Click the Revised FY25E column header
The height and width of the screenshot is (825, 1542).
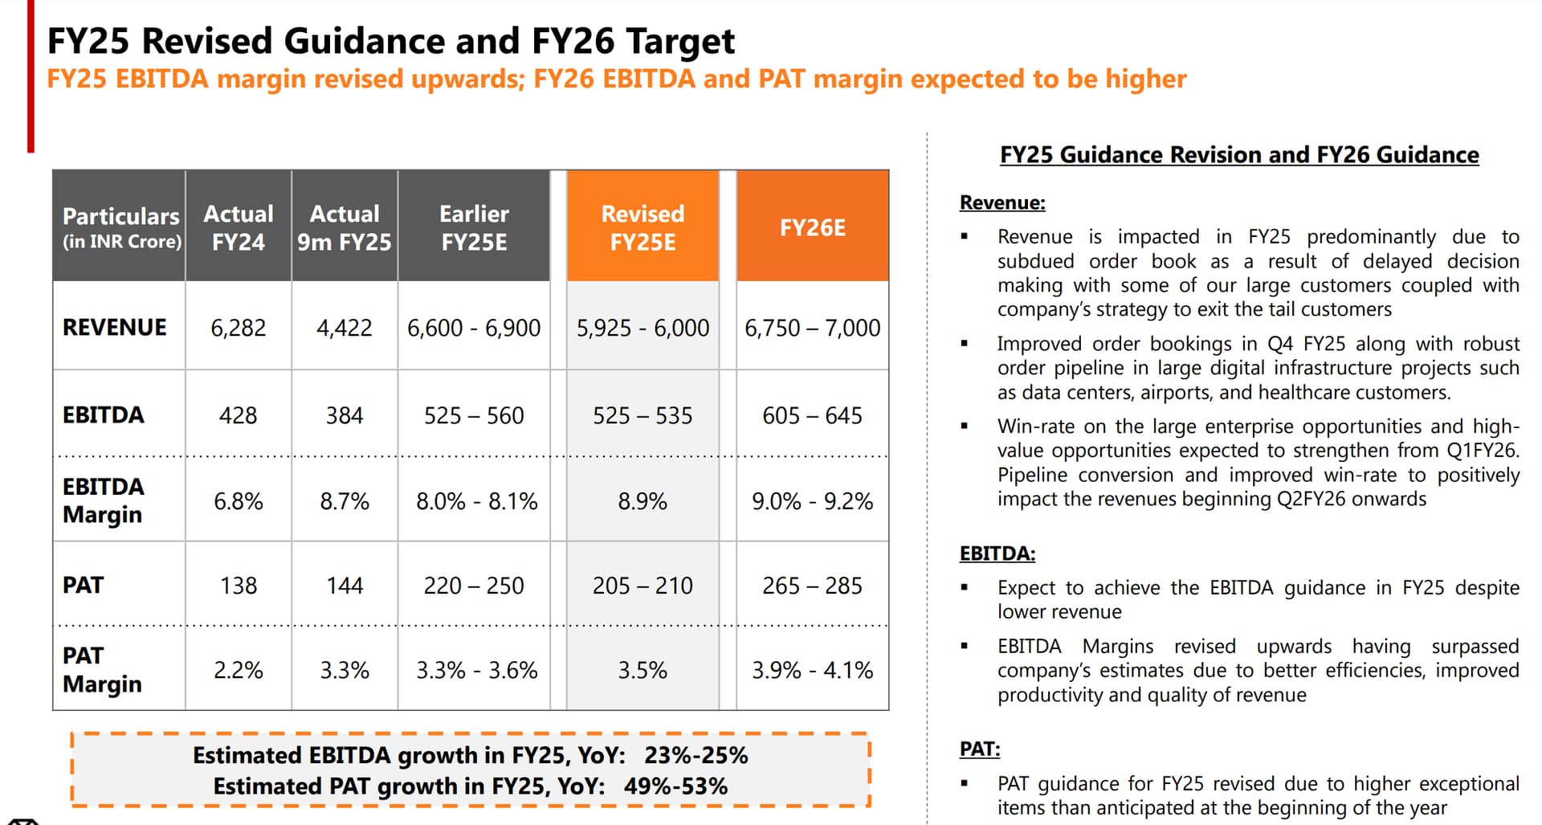coord(642,227)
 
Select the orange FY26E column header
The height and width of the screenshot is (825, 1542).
coord(812,227)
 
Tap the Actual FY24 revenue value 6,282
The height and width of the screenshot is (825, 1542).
coord(238,328)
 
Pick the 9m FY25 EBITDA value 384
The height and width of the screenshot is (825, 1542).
coord(345,415)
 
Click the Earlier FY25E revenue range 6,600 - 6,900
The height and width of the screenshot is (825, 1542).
coord(474,328)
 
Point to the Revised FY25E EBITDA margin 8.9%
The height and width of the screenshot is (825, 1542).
coord(642,501)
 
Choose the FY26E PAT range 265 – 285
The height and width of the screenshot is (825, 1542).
coord(812,586)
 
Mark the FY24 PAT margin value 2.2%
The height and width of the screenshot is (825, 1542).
coord(238,670)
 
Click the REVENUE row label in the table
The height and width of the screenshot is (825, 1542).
coord(115,328)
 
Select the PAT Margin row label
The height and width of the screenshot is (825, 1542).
coord(102,670)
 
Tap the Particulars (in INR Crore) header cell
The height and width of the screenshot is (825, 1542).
coord(121,227)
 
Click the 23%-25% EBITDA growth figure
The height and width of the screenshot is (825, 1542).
coord(696,755)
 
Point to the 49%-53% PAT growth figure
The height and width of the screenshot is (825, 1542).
coord(675,786)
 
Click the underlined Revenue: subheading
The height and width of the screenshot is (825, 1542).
coord(1002,202)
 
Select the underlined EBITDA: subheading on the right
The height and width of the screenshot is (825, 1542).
coord(997,553)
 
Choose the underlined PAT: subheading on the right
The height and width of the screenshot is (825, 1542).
coord(980,749)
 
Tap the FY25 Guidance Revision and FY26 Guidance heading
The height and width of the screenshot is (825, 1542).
coord(1239,154)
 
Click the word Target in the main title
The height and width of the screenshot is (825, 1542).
coord(680,41)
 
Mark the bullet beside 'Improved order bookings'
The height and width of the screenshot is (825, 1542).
coord(965,344)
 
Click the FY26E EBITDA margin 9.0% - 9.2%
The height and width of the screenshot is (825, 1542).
coord(812,501)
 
